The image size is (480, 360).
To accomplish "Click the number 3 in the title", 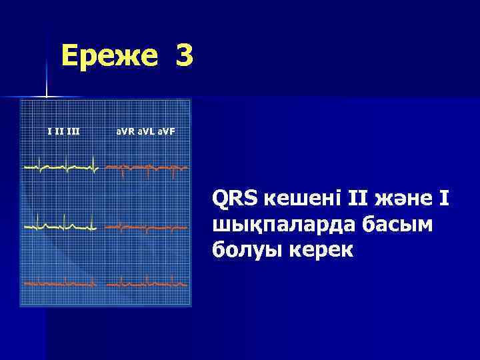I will (185, 56).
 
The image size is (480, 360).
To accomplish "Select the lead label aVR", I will (124, 131).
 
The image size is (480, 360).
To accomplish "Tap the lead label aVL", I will (146, 131).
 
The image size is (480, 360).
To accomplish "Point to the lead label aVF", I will (167, 131).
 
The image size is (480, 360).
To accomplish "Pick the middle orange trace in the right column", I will (147, 227).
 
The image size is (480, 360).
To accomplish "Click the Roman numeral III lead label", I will (73, 131).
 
